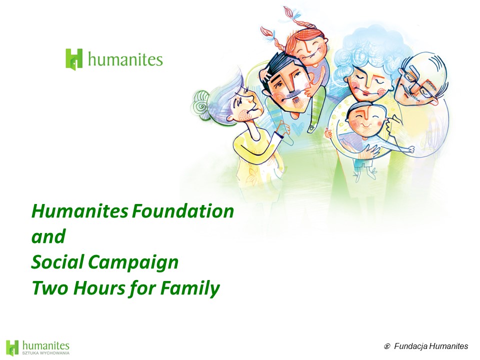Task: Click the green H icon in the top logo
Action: point(74,59)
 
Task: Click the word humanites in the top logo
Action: point(125,59)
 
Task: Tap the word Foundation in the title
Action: point(183,211)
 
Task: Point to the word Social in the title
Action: point(58,262)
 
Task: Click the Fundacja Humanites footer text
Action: point(431,346)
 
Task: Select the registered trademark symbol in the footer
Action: point(387,346)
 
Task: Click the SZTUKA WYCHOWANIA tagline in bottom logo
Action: point(45,353)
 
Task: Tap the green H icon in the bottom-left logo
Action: point(12,348)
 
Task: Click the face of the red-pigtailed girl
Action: point(307,50)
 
